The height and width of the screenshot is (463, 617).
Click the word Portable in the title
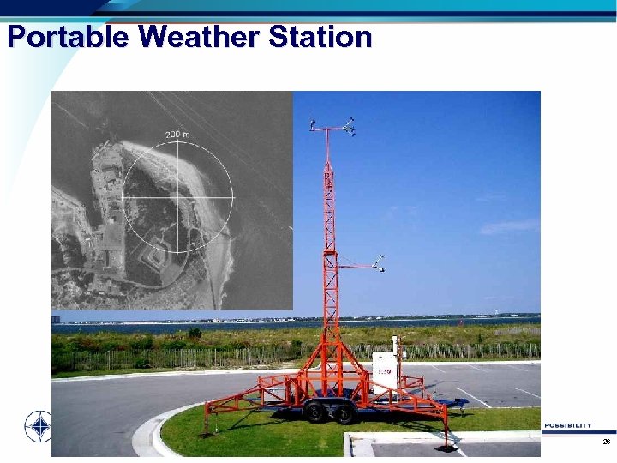point(67,38)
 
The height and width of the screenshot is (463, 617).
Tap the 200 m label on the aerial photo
point(178,135)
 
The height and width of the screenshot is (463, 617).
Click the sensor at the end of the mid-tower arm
point(381,262)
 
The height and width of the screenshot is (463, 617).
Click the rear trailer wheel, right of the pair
point(344,414)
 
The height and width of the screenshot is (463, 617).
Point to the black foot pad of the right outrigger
point(445,448)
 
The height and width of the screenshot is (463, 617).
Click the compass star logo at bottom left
point(37,425)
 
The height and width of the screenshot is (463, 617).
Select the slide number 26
point(606,442)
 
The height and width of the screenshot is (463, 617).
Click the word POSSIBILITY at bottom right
point(566,425)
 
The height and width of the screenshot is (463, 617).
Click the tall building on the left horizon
point(56,318)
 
